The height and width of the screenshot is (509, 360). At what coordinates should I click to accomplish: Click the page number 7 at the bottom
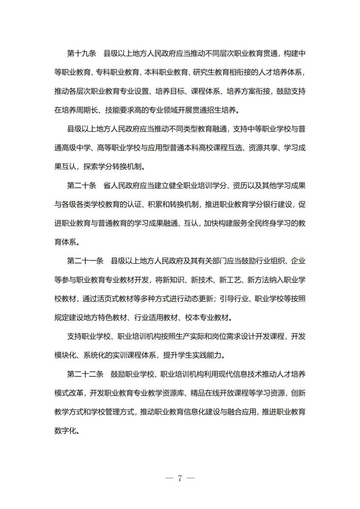click(x=180, y=478)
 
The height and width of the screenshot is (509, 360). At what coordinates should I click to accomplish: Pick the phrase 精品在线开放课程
click(x=189, y=394)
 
